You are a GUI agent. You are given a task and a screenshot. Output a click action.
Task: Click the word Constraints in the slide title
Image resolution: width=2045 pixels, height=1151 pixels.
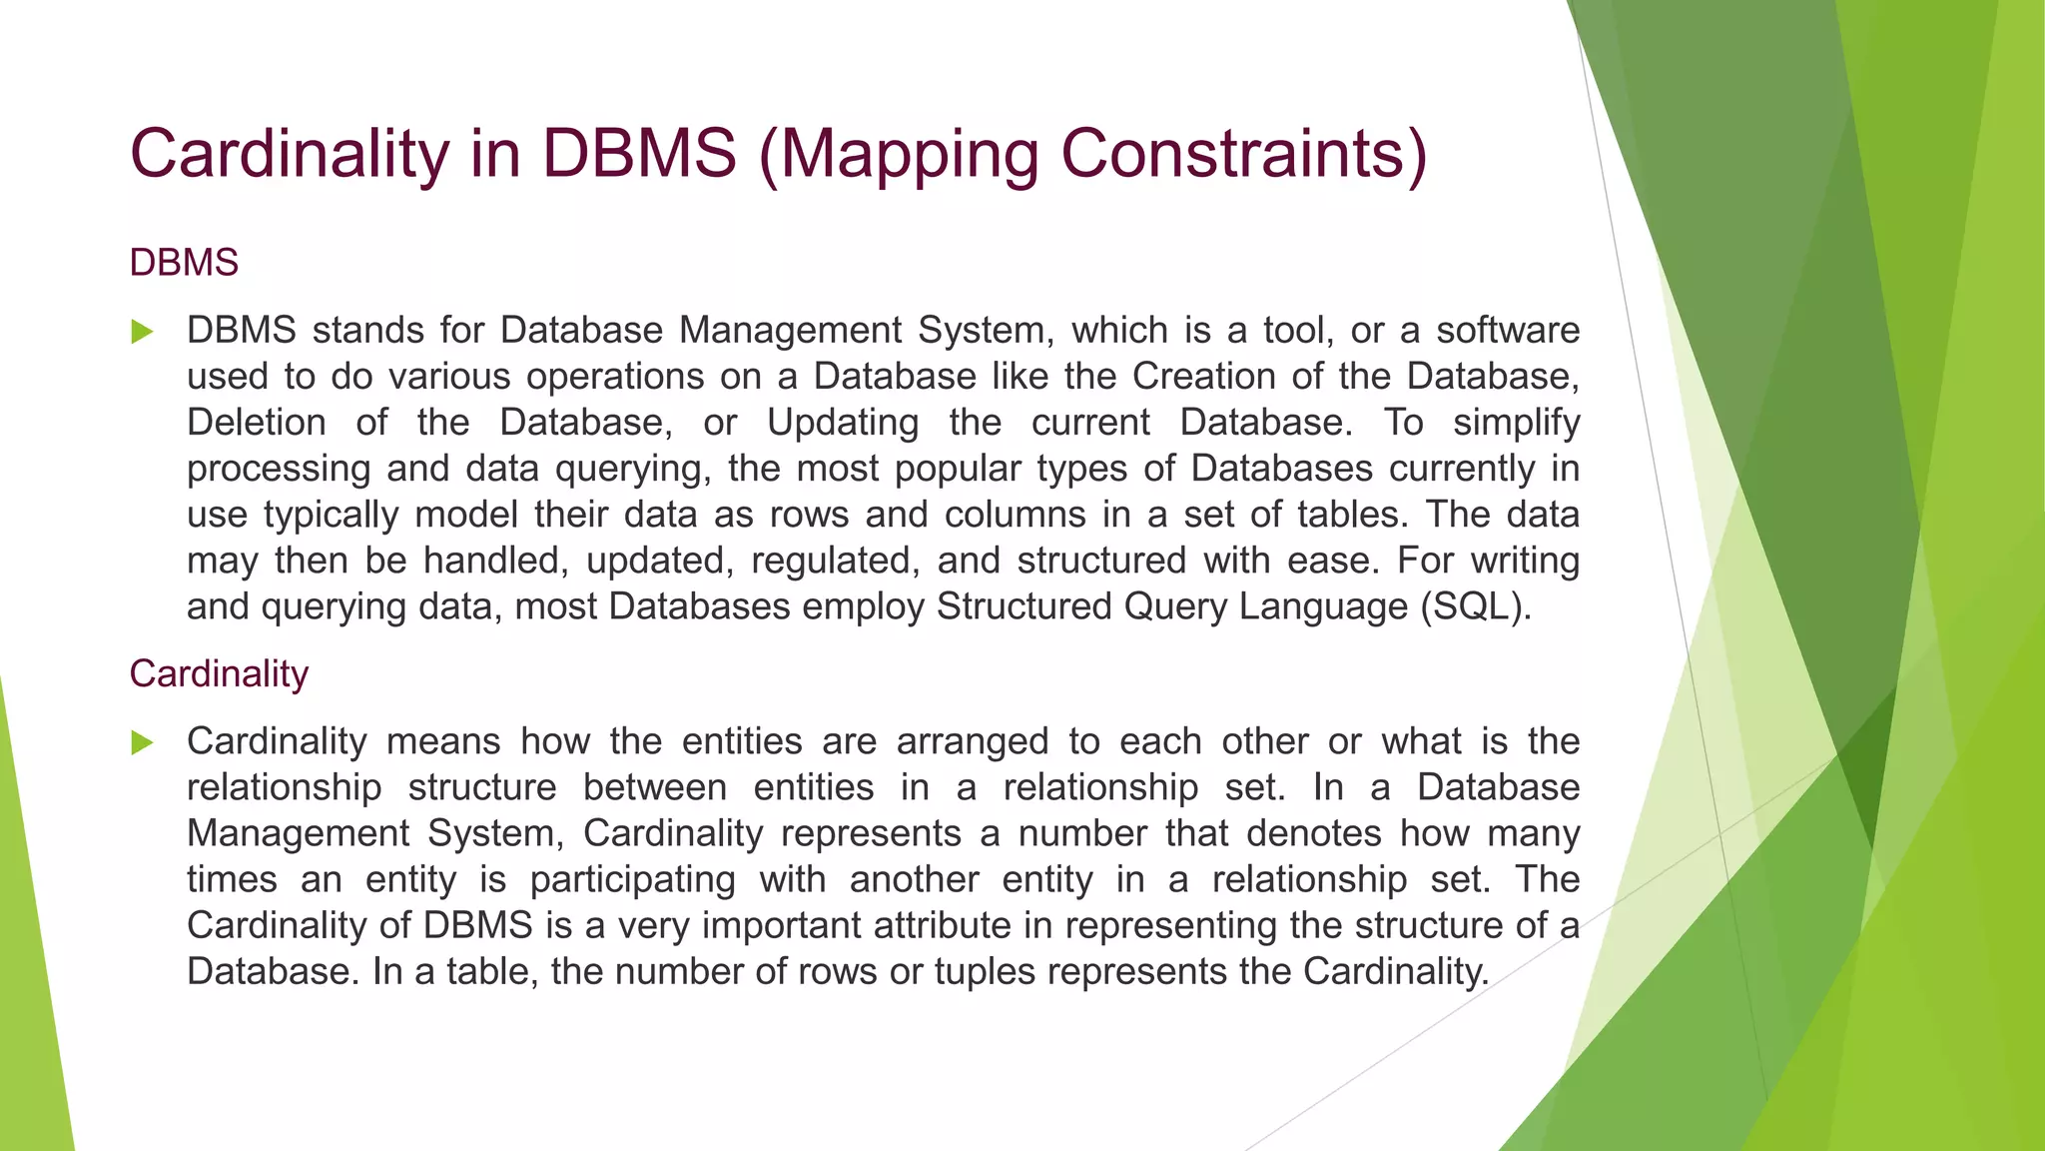tap(1243, 155)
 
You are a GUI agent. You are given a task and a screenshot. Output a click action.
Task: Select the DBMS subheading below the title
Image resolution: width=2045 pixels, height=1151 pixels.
tap(184, 263)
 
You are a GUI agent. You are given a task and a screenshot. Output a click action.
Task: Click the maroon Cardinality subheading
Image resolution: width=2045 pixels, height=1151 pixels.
tap(219, 674)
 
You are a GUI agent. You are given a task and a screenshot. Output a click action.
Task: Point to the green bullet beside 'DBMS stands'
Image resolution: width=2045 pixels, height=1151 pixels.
tap(142, 332)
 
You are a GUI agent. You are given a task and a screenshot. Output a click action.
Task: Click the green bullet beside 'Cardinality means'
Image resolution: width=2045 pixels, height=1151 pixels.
tap(142, 742)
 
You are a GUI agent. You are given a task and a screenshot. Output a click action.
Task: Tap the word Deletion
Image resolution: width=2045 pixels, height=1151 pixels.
tap(257, 423)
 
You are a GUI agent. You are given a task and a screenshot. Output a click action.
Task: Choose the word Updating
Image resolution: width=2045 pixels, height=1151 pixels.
tap(843, 423)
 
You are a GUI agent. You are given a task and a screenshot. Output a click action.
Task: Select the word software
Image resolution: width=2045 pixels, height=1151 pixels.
tap(1508, 331)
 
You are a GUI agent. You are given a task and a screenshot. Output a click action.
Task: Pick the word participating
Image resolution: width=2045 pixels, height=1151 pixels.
tap(632, 879)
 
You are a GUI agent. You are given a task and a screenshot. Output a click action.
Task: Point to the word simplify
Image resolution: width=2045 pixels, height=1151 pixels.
tap(1516, 423)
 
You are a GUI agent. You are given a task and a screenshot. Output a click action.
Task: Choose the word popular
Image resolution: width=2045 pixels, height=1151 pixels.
tap(959, 469)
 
